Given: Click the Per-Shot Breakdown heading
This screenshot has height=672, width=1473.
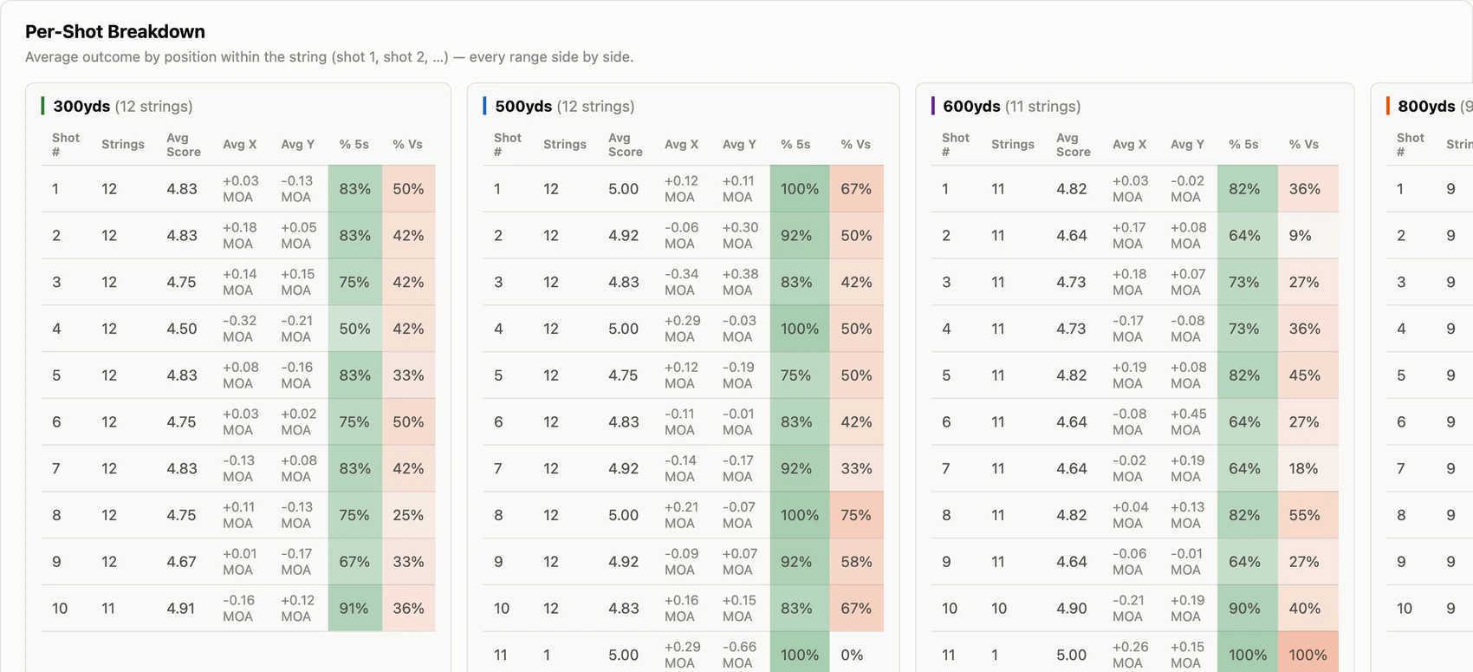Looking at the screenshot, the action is click(115, 31).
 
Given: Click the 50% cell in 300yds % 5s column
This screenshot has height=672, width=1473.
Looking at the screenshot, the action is click(355, 329).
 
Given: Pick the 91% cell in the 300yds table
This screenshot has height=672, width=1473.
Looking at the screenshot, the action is click(355, 608).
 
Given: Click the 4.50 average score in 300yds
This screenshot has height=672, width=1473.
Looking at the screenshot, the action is click(181, 329).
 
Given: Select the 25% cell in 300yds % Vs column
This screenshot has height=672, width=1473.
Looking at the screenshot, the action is click(408, 515).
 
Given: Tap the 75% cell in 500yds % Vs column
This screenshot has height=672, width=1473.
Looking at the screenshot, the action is click(856, 515).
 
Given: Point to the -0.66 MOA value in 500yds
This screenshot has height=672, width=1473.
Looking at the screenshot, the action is click(739, 655).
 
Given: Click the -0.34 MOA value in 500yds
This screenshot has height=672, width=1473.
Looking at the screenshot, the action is click(681, 282).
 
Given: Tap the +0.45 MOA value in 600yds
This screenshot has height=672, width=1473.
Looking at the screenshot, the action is click(1188, 421).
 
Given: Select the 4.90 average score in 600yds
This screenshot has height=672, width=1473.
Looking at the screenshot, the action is click(1071, 608).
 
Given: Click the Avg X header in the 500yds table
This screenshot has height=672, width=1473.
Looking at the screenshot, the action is click(681, 144).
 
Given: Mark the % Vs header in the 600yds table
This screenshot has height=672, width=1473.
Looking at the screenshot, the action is click(1303, 144).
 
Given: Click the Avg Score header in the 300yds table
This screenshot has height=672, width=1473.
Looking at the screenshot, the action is click(184, 145).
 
